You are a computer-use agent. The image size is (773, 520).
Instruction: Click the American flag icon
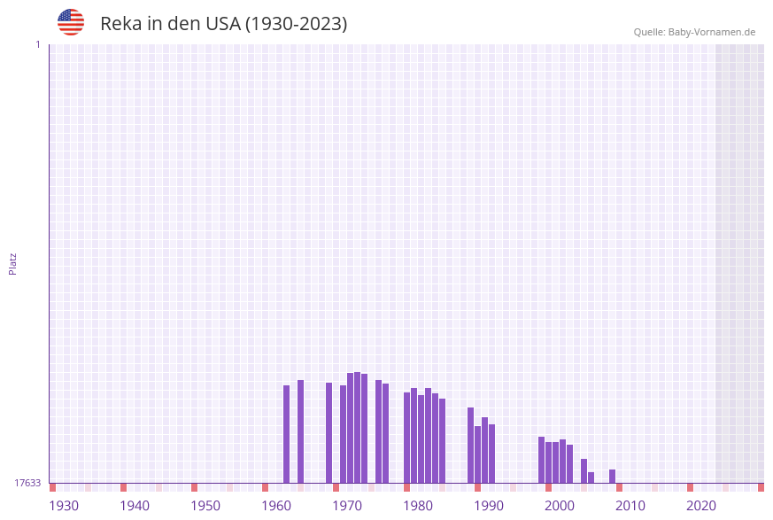pos(71,22)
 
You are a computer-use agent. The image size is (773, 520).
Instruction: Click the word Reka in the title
pos(120,24)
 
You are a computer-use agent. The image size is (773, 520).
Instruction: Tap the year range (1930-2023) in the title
pos(296,24)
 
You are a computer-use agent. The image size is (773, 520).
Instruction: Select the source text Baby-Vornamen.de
pos(711,32)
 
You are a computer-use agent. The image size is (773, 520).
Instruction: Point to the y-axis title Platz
pos(13,263)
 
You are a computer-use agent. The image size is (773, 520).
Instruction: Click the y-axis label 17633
pos(27,483)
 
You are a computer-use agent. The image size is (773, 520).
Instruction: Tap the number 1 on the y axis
pos(37,44)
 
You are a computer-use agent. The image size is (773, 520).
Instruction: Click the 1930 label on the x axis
pos(64,506)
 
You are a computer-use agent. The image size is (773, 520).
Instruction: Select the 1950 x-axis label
pos(205,506)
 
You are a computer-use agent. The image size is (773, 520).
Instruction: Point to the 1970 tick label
pos(347,506)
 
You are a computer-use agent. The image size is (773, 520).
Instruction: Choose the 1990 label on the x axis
pos(489,506)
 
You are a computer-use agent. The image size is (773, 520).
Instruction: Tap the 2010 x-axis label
pos(630,506)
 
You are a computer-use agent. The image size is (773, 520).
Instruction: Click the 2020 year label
pos(701,506)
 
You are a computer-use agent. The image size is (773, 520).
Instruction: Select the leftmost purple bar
pos(286,434)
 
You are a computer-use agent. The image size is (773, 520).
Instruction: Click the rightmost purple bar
pos(612,476)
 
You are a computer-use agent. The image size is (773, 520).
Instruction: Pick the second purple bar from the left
pos(300,431)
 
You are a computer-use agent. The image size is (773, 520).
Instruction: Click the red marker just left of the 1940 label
pos(124,487)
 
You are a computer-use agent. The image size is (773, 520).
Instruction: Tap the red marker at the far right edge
pos(761,487)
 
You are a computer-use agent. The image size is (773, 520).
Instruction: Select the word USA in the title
pos(222,24)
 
